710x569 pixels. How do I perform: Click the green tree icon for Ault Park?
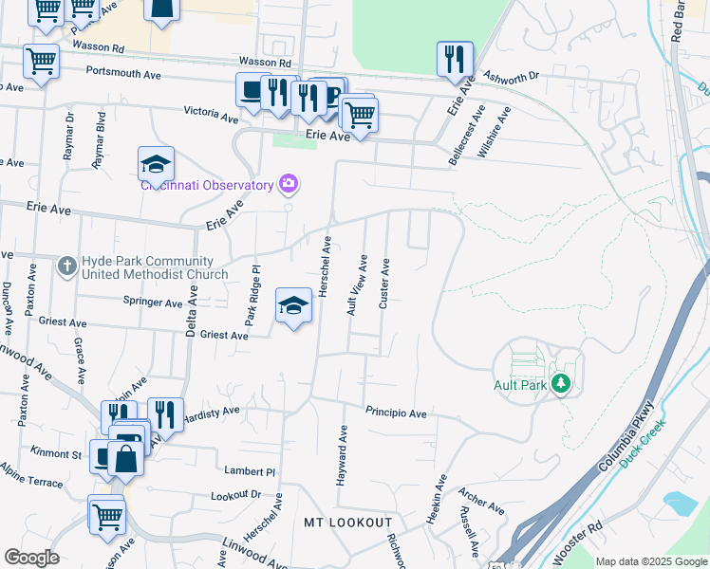[561, 384]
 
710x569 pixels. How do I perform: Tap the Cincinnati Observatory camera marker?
[288, 183]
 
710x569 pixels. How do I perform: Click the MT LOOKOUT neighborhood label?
[347, 523]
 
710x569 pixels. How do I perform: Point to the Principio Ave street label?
[397, 413]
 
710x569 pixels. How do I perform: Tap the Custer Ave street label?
[384, 284]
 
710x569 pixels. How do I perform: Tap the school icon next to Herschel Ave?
[294, 305]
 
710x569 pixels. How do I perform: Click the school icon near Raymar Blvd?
[156, 164]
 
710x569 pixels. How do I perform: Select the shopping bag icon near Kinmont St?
[125, 459]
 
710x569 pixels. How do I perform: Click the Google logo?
[31, 558]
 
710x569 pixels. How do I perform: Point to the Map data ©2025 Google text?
[650, 561]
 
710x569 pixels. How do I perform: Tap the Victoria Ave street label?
[211, 114]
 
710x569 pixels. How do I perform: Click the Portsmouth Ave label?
[124, 72]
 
